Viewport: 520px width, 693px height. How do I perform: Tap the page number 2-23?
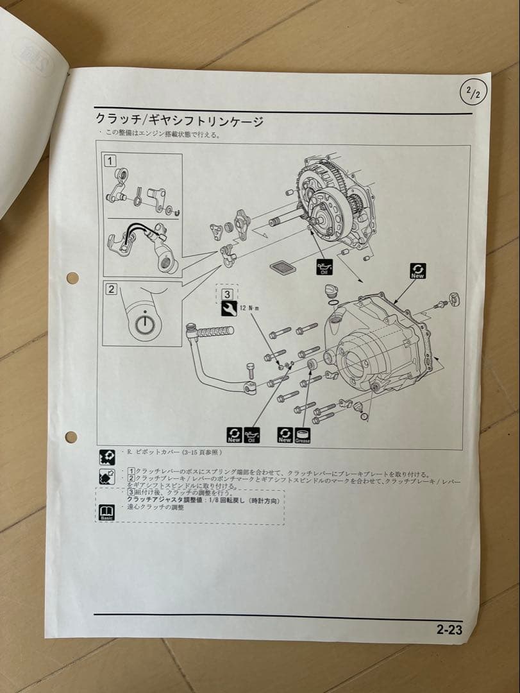click(449, 629)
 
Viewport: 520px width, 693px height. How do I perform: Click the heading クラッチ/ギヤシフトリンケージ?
click(179, 120)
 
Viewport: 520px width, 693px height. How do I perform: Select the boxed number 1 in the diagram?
click(110, 161)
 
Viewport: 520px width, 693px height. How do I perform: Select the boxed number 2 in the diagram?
click(111, 289)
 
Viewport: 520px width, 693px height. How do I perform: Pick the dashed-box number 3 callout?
click(227, 294)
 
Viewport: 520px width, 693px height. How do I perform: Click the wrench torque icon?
click(228, 309)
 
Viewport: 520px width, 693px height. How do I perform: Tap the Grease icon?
click(303, 435)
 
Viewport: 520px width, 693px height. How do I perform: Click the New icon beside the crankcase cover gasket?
click(417, 271)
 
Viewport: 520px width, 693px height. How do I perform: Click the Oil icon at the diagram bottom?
click(252, 435)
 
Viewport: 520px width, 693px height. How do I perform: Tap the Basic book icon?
click(107, 513)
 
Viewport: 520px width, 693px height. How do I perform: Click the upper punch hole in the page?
click(72, 278)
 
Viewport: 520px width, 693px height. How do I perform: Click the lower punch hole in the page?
click(71, 437)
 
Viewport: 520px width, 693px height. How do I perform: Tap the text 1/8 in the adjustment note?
click(214, 499)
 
